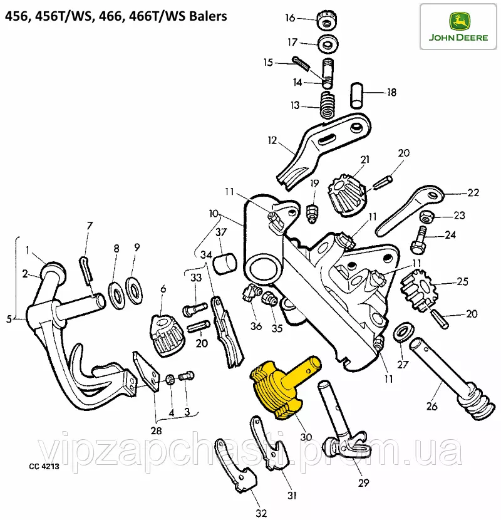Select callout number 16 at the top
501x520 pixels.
tap(289, 18)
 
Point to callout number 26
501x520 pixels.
tap(431, 406)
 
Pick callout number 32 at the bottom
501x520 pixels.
tap(261, 513)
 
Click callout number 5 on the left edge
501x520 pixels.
tap(9, 319)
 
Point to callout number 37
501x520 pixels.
tap(220, 233)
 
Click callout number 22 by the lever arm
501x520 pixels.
tap(473, 193)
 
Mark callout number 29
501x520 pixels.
tap(363, 483)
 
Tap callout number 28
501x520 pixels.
tap(155, 431)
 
